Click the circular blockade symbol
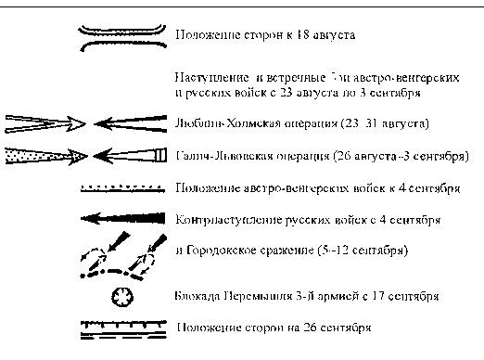point(122,297)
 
